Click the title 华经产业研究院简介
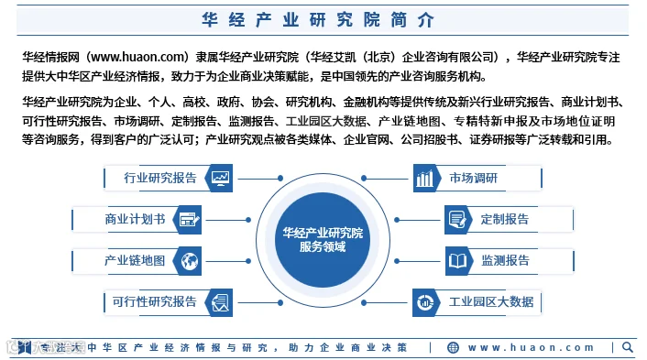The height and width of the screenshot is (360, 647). (318, 20)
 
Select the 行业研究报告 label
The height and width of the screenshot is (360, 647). (160, 178)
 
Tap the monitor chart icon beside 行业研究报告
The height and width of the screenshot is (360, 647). (220, 178)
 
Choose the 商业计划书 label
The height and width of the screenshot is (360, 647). (135, 219)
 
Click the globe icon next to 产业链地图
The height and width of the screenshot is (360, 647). (190, 261)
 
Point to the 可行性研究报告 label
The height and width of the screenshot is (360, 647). (154, 302)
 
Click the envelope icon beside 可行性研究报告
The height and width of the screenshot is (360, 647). (220, 302)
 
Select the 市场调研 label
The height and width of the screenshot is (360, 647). (473, 178)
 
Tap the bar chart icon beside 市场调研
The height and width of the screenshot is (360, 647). (424, 178)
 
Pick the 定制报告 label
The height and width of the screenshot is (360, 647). (505, 219)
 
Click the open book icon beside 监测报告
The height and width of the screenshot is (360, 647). (457, 261)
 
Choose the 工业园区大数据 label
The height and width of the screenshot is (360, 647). (491, 302)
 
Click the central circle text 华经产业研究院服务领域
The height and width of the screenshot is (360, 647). (323, 240)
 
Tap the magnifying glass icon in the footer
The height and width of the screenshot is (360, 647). (628, 347)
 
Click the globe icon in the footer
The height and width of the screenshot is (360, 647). (453, 347)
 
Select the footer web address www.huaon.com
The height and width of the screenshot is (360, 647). (531, 347)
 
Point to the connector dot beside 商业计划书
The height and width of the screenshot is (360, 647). (248, 220)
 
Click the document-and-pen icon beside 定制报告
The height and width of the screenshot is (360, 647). (457, 219)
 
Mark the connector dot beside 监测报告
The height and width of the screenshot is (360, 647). (397, 261)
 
